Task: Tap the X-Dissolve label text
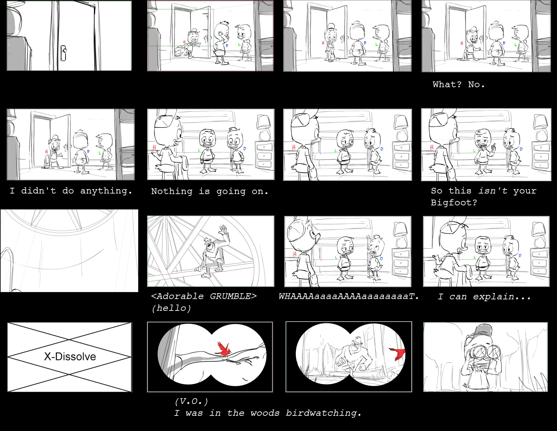pyautogui.click(x=70, y=357)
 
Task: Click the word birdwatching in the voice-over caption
pyautogui.click(x=323, y=413)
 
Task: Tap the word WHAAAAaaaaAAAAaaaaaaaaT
pyautogui.click(x=348, y=296)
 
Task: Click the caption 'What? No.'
pyautogui.click(x=458, y=84)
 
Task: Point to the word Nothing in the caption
pyautogui.click(x=172, y=191)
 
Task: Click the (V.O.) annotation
pyautogui.click(x=191, y=401)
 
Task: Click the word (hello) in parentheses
pyautogui.click(x=171, y=308)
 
